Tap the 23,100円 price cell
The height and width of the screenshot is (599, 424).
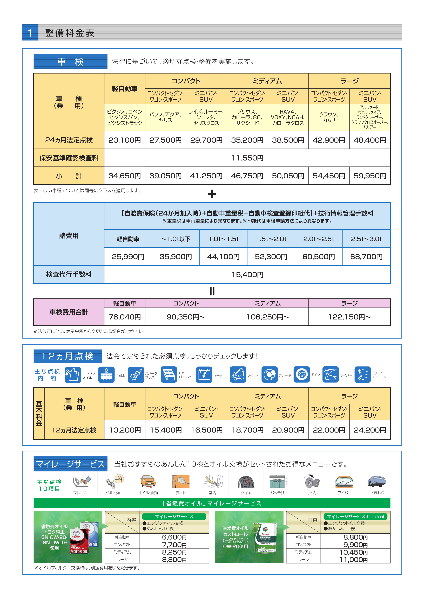click(x=125, y=140)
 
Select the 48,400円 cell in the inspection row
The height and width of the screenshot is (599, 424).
click(x=370, y=140)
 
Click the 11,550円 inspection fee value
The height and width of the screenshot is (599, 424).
click(x=247, y=158)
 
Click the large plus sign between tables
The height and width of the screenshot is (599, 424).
click(x=212, y=194)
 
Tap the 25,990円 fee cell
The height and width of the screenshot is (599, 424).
click(x=128, y=257)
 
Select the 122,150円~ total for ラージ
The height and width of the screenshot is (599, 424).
click(x=350, y=317)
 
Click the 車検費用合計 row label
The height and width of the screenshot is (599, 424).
click(x=69, y=312)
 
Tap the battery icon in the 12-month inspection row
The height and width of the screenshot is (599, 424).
click(x=204, y=375)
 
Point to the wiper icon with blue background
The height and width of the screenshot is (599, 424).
click(x=331, y=375)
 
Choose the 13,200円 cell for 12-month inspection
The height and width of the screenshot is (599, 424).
click(x=125, y=430)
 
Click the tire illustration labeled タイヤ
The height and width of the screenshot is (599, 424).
click(x=246, y=482)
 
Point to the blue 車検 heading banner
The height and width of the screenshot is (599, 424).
click(x=70, y=62)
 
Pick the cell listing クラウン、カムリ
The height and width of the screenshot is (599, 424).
click(x=329, y=117)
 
